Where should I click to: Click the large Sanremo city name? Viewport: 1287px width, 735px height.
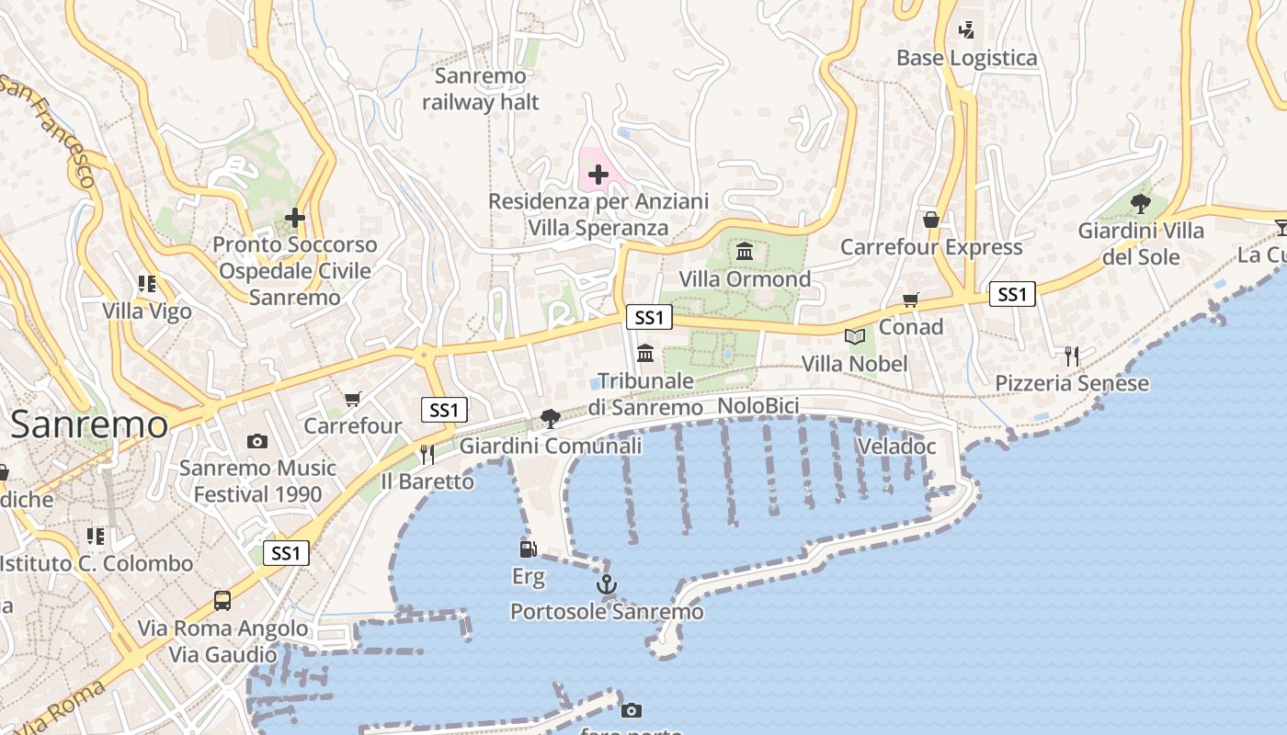(89, 424)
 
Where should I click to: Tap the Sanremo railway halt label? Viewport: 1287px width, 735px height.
(481, 89)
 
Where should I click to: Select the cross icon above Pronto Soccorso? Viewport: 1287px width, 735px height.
(294, 218)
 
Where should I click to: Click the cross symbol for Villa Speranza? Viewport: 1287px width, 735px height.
(598, 174)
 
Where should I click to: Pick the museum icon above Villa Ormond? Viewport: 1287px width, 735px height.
(745, 252)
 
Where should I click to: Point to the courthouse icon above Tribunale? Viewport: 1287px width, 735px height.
(645, 353)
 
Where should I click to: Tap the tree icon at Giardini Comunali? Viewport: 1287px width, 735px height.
(551, 419)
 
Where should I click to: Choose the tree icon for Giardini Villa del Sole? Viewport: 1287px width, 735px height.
(1141, 204)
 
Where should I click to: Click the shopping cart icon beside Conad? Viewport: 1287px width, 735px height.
(911, 299)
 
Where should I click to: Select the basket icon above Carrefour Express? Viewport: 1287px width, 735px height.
(931, 220)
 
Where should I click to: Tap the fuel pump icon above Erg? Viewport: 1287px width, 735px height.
(529, 549)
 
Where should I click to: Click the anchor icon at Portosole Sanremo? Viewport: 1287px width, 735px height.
(607, 584)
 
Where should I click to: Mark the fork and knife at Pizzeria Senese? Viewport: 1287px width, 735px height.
(1072, 356)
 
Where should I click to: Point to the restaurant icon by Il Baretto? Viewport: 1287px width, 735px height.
(427, 454)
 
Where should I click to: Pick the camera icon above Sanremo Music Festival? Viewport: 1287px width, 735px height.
(257, 441)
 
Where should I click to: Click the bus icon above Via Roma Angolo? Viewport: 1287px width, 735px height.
(222, 601)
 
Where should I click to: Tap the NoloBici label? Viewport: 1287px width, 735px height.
(758, 406)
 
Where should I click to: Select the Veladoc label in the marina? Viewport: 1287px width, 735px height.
(896, 447)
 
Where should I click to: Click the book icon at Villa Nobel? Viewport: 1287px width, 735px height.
(855, 337)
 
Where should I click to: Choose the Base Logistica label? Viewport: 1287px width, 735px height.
(967, 58)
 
